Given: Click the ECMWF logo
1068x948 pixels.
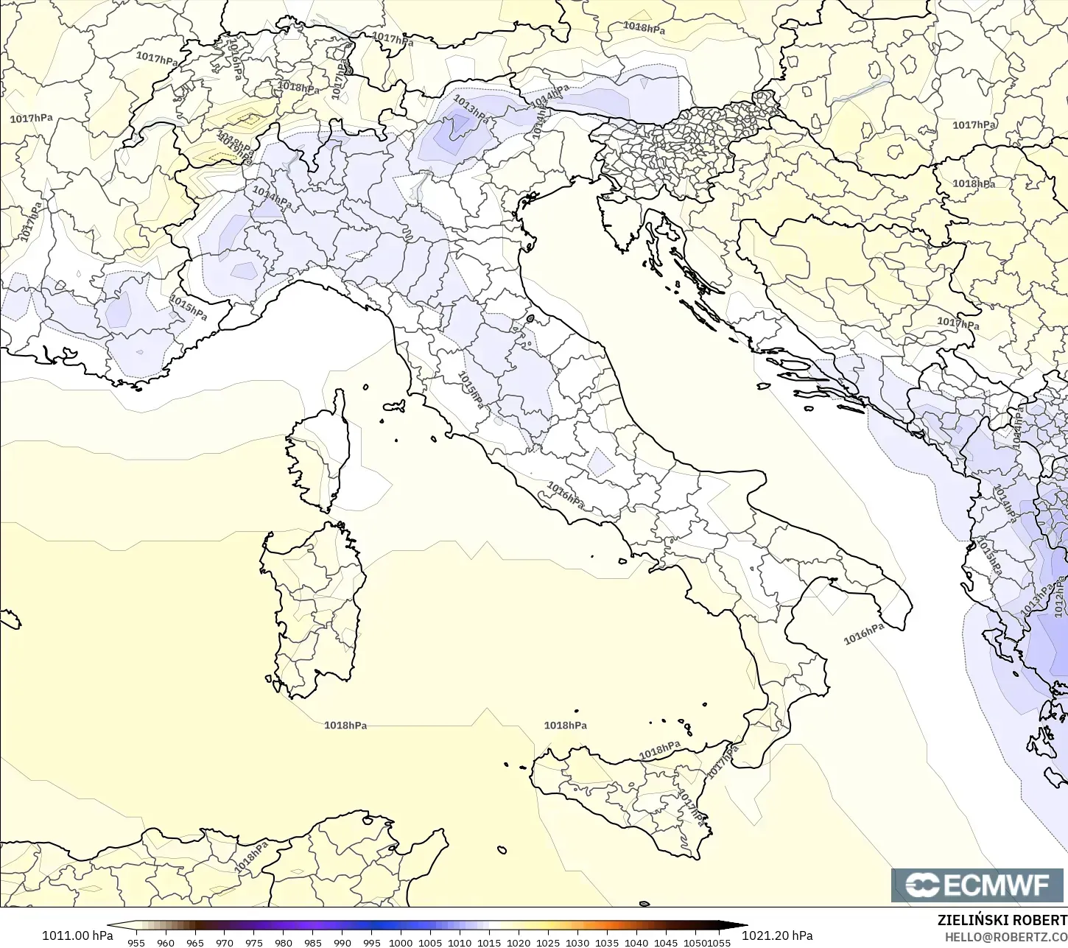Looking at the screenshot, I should click(x=979, y=885).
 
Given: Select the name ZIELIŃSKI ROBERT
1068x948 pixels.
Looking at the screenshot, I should click(x=1002, y=921).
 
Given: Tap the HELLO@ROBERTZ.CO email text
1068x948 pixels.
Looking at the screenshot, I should click(x=1006, y=937).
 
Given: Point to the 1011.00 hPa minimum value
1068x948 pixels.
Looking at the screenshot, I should click(x=77, y=935).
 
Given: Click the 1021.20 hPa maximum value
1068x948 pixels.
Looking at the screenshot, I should click(x=777, y=935).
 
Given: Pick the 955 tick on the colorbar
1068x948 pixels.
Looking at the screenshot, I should click(x=136, y=942).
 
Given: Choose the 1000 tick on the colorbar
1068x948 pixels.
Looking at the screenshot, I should click(x=401, y=942).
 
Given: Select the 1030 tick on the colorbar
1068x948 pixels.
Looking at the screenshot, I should click(x=577, y=942).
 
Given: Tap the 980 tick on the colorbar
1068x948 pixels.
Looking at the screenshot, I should click(x=284, y=942).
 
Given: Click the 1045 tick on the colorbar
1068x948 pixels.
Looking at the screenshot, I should click(x=666, y=942).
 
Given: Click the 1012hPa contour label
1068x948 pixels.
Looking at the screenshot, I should click(x=1060, y=597).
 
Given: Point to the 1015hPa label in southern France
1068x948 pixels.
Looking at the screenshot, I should click(x=189, y=307).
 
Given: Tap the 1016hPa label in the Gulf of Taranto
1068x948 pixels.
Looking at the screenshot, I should click(x=864, y=633).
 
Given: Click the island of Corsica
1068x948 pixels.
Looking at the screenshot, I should click(x=320, y=453).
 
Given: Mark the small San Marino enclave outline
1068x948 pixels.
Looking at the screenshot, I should click(x=530, y=319).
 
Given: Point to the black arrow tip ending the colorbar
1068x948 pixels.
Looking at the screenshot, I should click(x=741, y=925).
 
